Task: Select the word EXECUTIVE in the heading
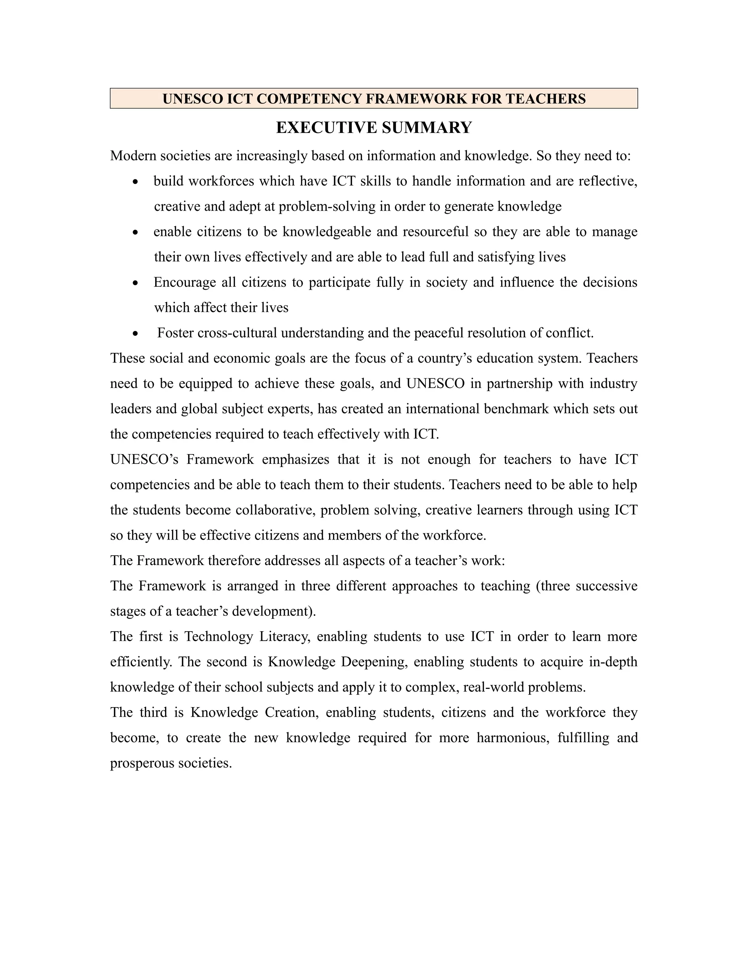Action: pyautogui.click(x=327, y=127)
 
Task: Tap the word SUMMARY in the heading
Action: pyautogui.click(x=426, y=127)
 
